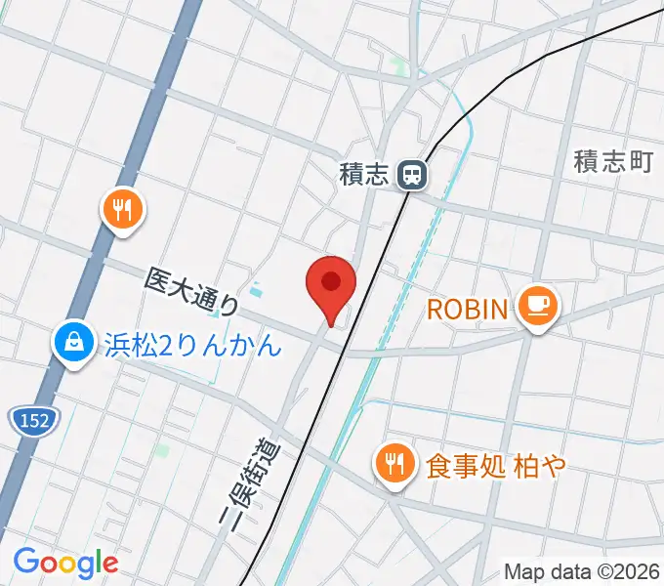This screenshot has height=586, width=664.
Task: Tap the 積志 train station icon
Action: pos(414,176)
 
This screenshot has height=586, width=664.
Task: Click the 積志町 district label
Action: pos(613,162)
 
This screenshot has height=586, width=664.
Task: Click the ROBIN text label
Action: pos(469,311)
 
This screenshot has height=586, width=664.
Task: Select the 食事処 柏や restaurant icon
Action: pos(394,464)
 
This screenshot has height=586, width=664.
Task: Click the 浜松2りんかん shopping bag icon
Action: pos(74,344)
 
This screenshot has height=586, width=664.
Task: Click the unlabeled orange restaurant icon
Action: pos(122,209)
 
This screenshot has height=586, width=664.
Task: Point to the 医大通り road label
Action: pos(191,293)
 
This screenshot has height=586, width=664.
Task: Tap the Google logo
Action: pos(65,563)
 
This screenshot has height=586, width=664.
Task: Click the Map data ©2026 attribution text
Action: pos(582,571)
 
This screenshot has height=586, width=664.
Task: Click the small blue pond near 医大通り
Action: pos(256,289)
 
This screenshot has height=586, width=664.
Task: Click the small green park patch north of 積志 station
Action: pos(397,67)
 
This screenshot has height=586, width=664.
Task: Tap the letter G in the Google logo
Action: pos(25,562)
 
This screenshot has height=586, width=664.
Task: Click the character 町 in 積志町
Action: pos(641,162)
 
